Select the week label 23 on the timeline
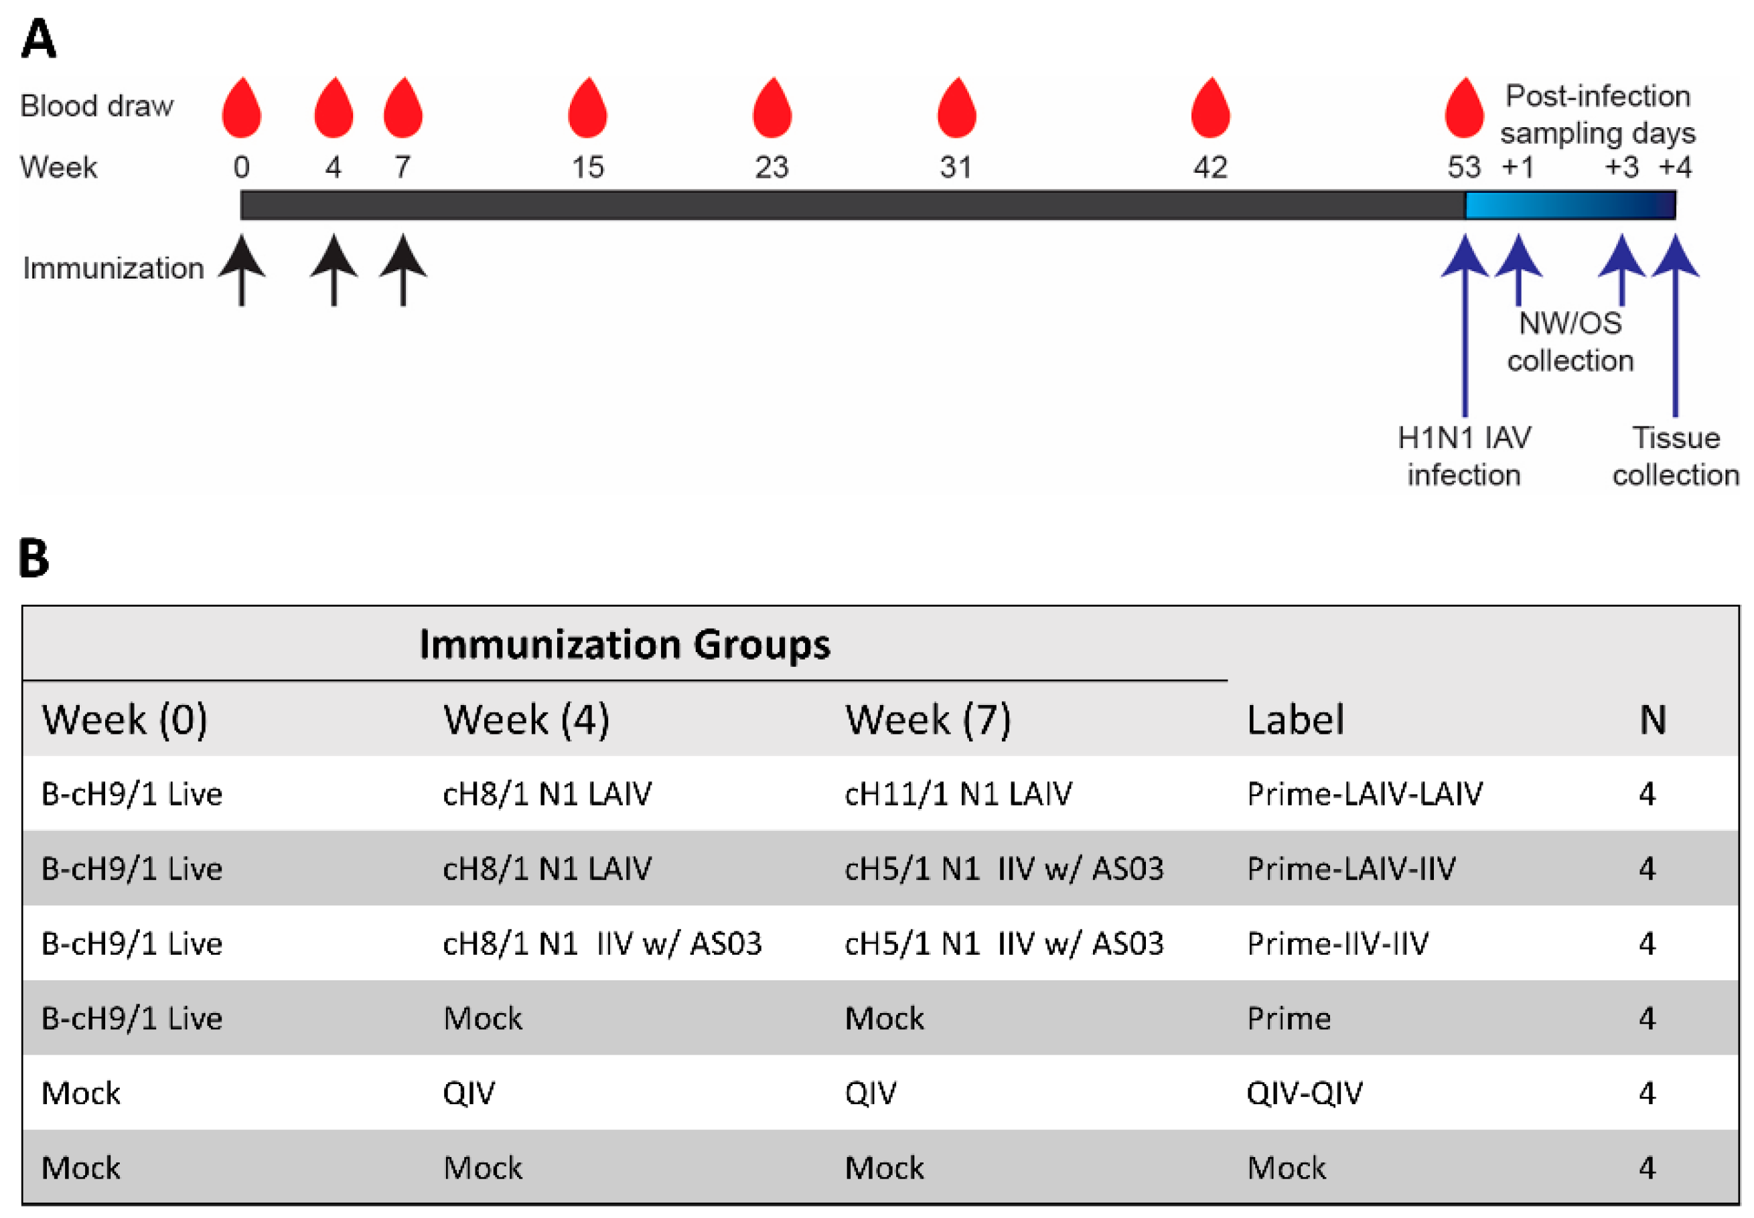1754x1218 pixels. point(771,167)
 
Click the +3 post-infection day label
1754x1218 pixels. point(1621,166)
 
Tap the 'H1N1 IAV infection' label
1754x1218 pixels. point(1463,455)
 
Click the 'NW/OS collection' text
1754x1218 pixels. point(1569,341)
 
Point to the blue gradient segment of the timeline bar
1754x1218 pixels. point(1569,204)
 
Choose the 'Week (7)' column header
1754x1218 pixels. point(928,719)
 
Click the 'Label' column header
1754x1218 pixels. point(1295,719)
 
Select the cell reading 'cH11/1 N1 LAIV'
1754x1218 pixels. point(957,793)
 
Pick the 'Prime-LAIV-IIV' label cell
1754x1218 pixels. point(1351,868)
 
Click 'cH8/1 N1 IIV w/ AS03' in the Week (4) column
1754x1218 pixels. point(601,943)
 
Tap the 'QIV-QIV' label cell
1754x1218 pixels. point(1304,1093)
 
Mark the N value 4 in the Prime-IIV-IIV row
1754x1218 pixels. point(1646,943)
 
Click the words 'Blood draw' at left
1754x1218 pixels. point(96,105)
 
